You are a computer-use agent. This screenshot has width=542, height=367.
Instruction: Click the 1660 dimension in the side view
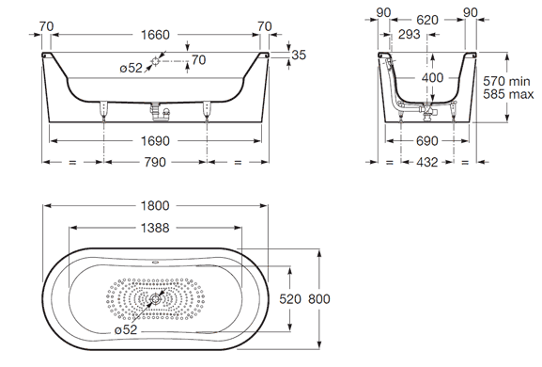[155, 35]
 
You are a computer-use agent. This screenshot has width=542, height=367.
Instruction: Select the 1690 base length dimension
[155, 141]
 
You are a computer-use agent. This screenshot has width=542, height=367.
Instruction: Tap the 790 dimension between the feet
[155, 162]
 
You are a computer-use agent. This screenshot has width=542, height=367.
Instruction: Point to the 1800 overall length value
[155, 206]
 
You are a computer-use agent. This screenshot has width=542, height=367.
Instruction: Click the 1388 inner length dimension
[155, 228]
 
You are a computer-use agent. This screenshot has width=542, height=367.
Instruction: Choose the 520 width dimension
[290, 299]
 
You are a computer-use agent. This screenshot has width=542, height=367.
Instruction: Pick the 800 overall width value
[319, 299]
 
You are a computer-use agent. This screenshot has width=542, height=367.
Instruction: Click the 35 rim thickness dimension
[299, 55]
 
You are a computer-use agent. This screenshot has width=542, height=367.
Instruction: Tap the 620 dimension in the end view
[427, 20]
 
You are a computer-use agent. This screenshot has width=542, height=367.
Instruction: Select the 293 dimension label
[410, 34]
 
